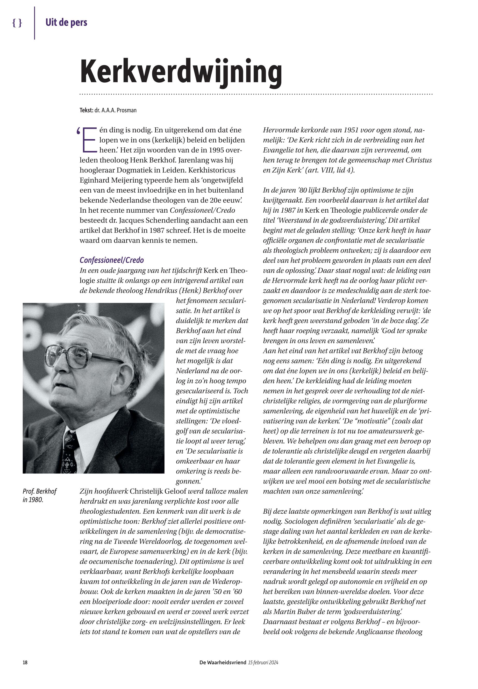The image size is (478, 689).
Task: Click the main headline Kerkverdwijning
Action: coord(181,72)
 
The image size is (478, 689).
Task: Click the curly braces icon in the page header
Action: coord(17,23)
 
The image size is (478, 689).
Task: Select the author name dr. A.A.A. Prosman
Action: coord(115,110)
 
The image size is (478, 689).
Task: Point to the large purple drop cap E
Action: coord(89,140)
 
